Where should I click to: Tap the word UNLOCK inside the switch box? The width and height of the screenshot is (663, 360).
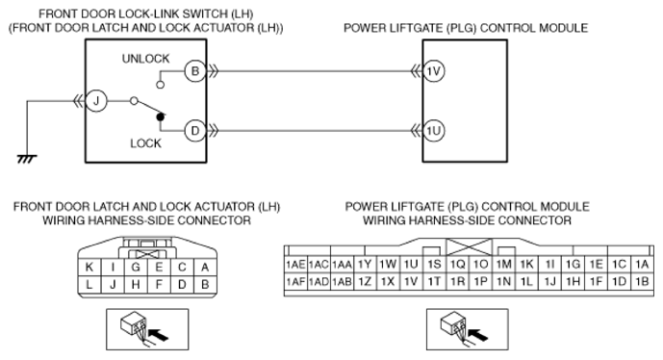point(145,59)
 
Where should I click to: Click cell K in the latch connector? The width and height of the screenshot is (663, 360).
point(89,267)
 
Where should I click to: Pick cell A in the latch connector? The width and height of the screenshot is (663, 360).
point(206,267)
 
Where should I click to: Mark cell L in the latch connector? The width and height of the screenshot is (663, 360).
point(89,284)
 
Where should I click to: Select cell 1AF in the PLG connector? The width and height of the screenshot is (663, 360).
point(295,282)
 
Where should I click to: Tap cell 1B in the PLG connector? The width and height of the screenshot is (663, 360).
point(642,282)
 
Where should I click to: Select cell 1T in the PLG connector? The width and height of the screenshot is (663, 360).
point(434,282)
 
